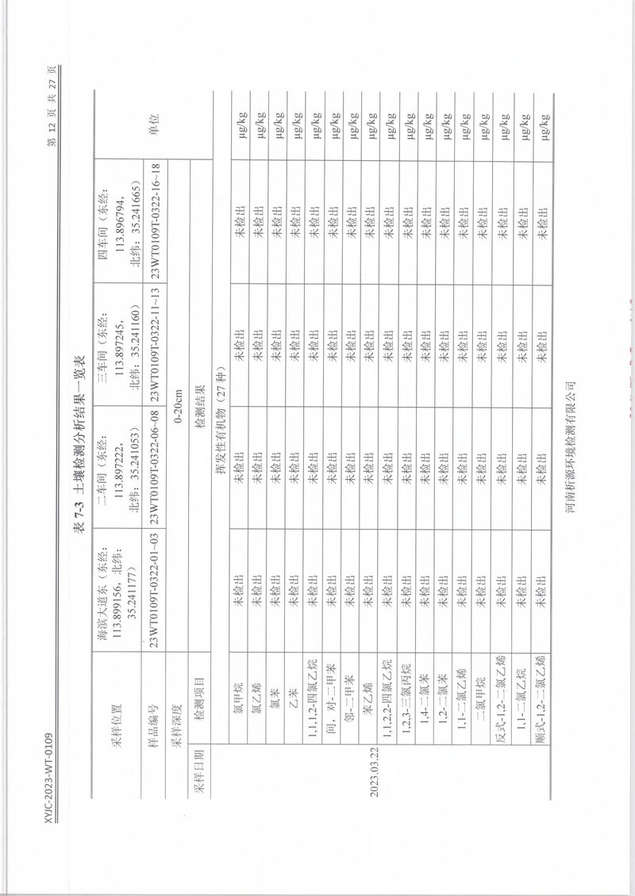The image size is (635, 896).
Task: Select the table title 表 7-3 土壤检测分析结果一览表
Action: (x=79, y=447)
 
